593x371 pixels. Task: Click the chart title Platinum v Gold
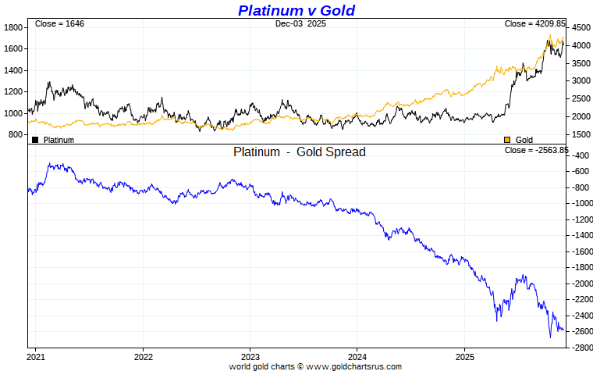(x=296, y=10)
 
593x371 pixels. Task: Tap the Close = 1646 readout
(x=59, y=24)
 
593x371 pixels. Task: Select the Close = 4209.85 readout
(x=534, y=24)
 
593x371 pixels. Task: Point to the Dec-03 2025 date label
(x=300, y=24)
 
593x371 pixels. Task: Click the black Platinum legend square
(x=35, y=140)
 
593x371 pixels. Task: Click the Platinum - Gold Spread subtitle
(x=299, y=152)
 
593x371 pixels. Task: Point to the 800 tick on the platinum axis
(x=15, y=135)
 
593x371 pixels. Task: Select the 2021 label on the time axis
(x=36, y=357)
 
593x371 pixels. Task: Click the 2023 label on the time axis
(x=250, y=357)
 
